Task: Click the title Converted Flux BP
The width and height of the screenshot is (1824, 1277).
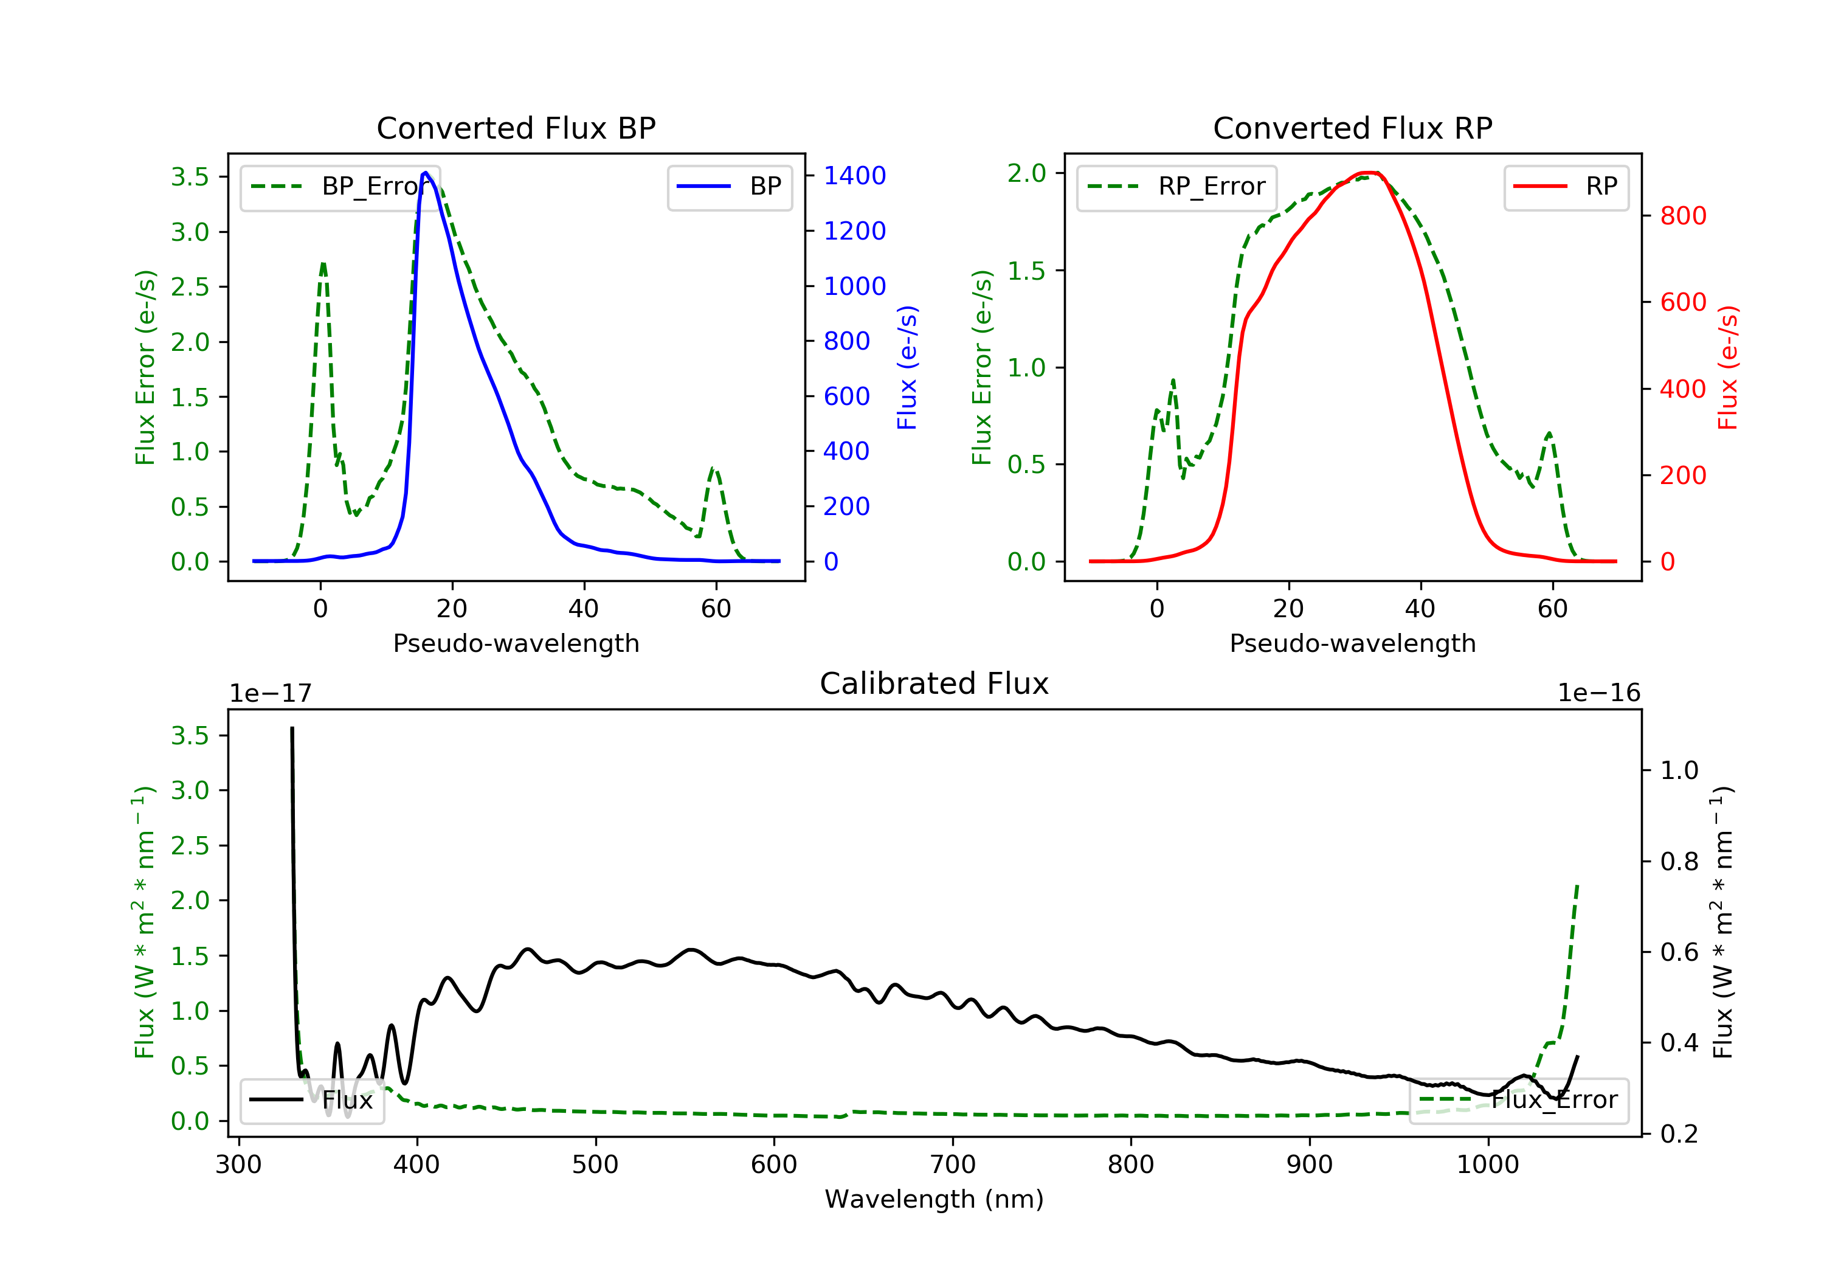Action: click(x=516, y=128)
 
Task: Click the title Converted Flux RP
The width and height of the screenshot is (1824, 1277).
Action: click(x=1352, y=128)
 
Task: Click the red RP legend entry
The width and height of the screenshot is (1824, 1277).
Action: click(x=1566, y=187)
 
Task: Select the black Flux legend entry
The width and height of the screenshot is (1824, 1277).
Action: click(x=313, y=1100)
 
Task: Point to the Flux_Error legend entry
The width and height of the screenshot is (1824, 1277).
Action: click(x=1518, y=1100)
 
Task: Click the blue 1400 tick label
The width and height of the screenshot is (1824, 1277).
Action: click(x=854, y=176)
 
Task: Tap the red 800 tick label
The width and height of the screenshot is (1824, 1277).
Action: click(x=1682, y=215)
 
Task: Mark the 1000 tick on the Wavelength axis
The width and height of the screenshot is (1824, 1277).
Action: click(x=1487, y=1165)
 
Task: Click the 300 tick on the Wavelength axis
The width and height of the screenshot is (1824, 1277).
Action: click(x=238, y=1165)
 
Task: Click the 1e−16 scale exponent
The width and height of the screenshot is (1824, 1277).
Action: click(x=1598, y=693)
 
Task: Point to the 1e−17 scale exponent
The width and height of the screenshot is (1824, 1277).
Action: click(x=270, y=693)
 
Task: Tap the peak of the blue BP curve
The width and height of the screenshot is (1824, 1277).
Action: click(x=426, y=173)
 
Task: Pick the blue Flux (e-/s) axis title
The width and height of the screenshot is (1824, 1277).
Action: click(x=907, y=367)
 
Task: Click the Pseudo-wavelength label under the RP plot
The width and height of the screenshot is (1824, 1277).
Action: click(x=1352, y=643)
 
